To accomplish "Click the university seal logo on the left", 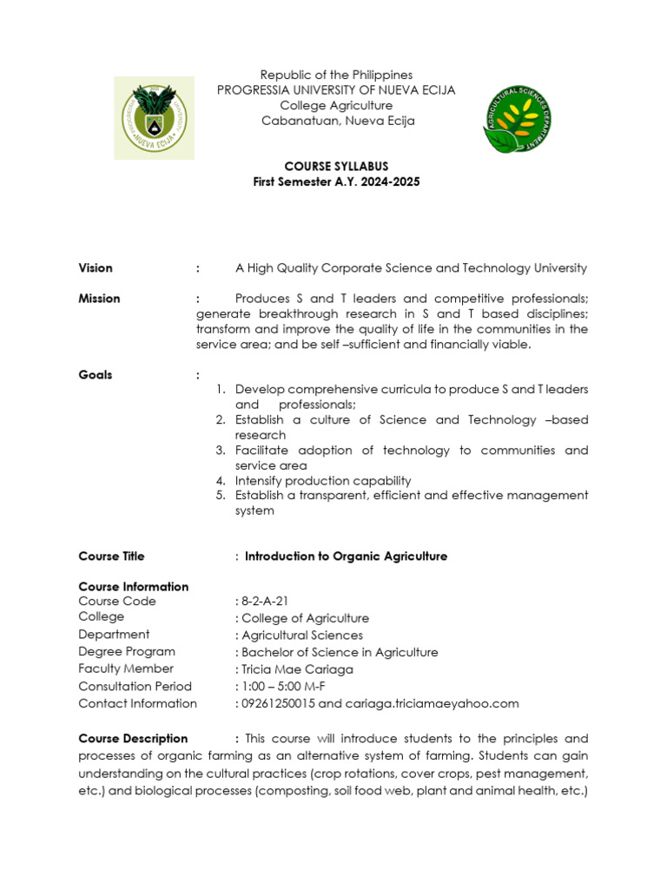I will [155, 117].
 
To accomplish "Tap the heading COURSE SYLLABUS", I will [337, 166].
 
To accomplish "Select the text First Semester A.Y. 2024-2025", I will [336, 181].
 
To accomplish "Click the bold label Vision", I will [96, 268].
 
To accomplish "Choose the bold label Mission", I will [99, 299].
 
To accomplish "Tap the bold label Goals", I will [96, 375].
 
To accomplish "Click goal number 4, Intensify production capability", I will [323, 481].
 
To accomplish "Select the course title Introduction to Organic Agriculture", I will [346, 556].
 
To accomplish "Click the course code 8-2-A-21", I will [260, 602].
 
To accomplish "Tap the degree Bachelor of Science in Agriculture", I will [340, 652].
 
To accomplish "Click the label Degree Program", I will [127, 652].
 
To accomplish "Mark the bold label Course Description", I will [133, 739].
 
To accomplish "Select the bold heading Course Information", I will [133, 587].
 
